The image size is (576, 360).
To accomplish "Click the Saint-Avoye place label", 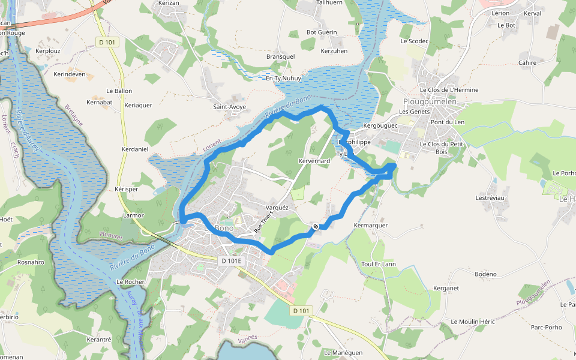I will (x=230, y=107).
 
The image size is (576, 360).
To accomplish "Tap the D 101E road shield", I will (x=231, y=261).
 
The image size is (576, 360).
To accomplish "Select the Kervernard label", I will (x=314, y=161).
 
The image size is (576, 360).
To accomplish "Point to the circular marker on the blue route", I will (x=315, y=226).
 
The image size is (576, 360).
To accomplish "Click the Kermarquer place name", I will (x=371, y=226).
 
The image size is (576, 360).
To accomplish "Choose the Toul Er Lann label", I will (x=379, y=264).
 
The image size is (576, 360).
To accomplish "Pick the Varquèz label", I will (x=277, y=208).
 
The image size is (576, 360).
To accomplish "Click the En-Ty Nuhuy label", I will (x=283, y=79).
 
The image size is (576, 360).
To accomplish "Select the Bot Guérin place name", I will (x=322, y=32).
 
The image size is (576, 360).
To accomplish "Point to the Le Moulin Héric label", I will (x=473, y=322).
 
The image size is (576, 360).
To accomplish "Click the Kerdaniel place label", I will (x=134, y=149).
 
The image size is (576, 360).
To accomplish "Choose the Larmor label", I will (x=133, y=215).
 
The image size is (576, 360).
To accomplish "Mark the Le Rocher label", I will (x=129, y=281).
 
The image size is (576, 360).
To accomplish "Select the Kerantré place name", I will (x=99, y=340).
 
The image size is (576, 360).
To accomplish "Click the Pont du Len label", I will (x=448, y=122).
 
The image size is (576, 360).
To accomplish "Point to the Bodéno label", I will (x=485, y=274).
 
